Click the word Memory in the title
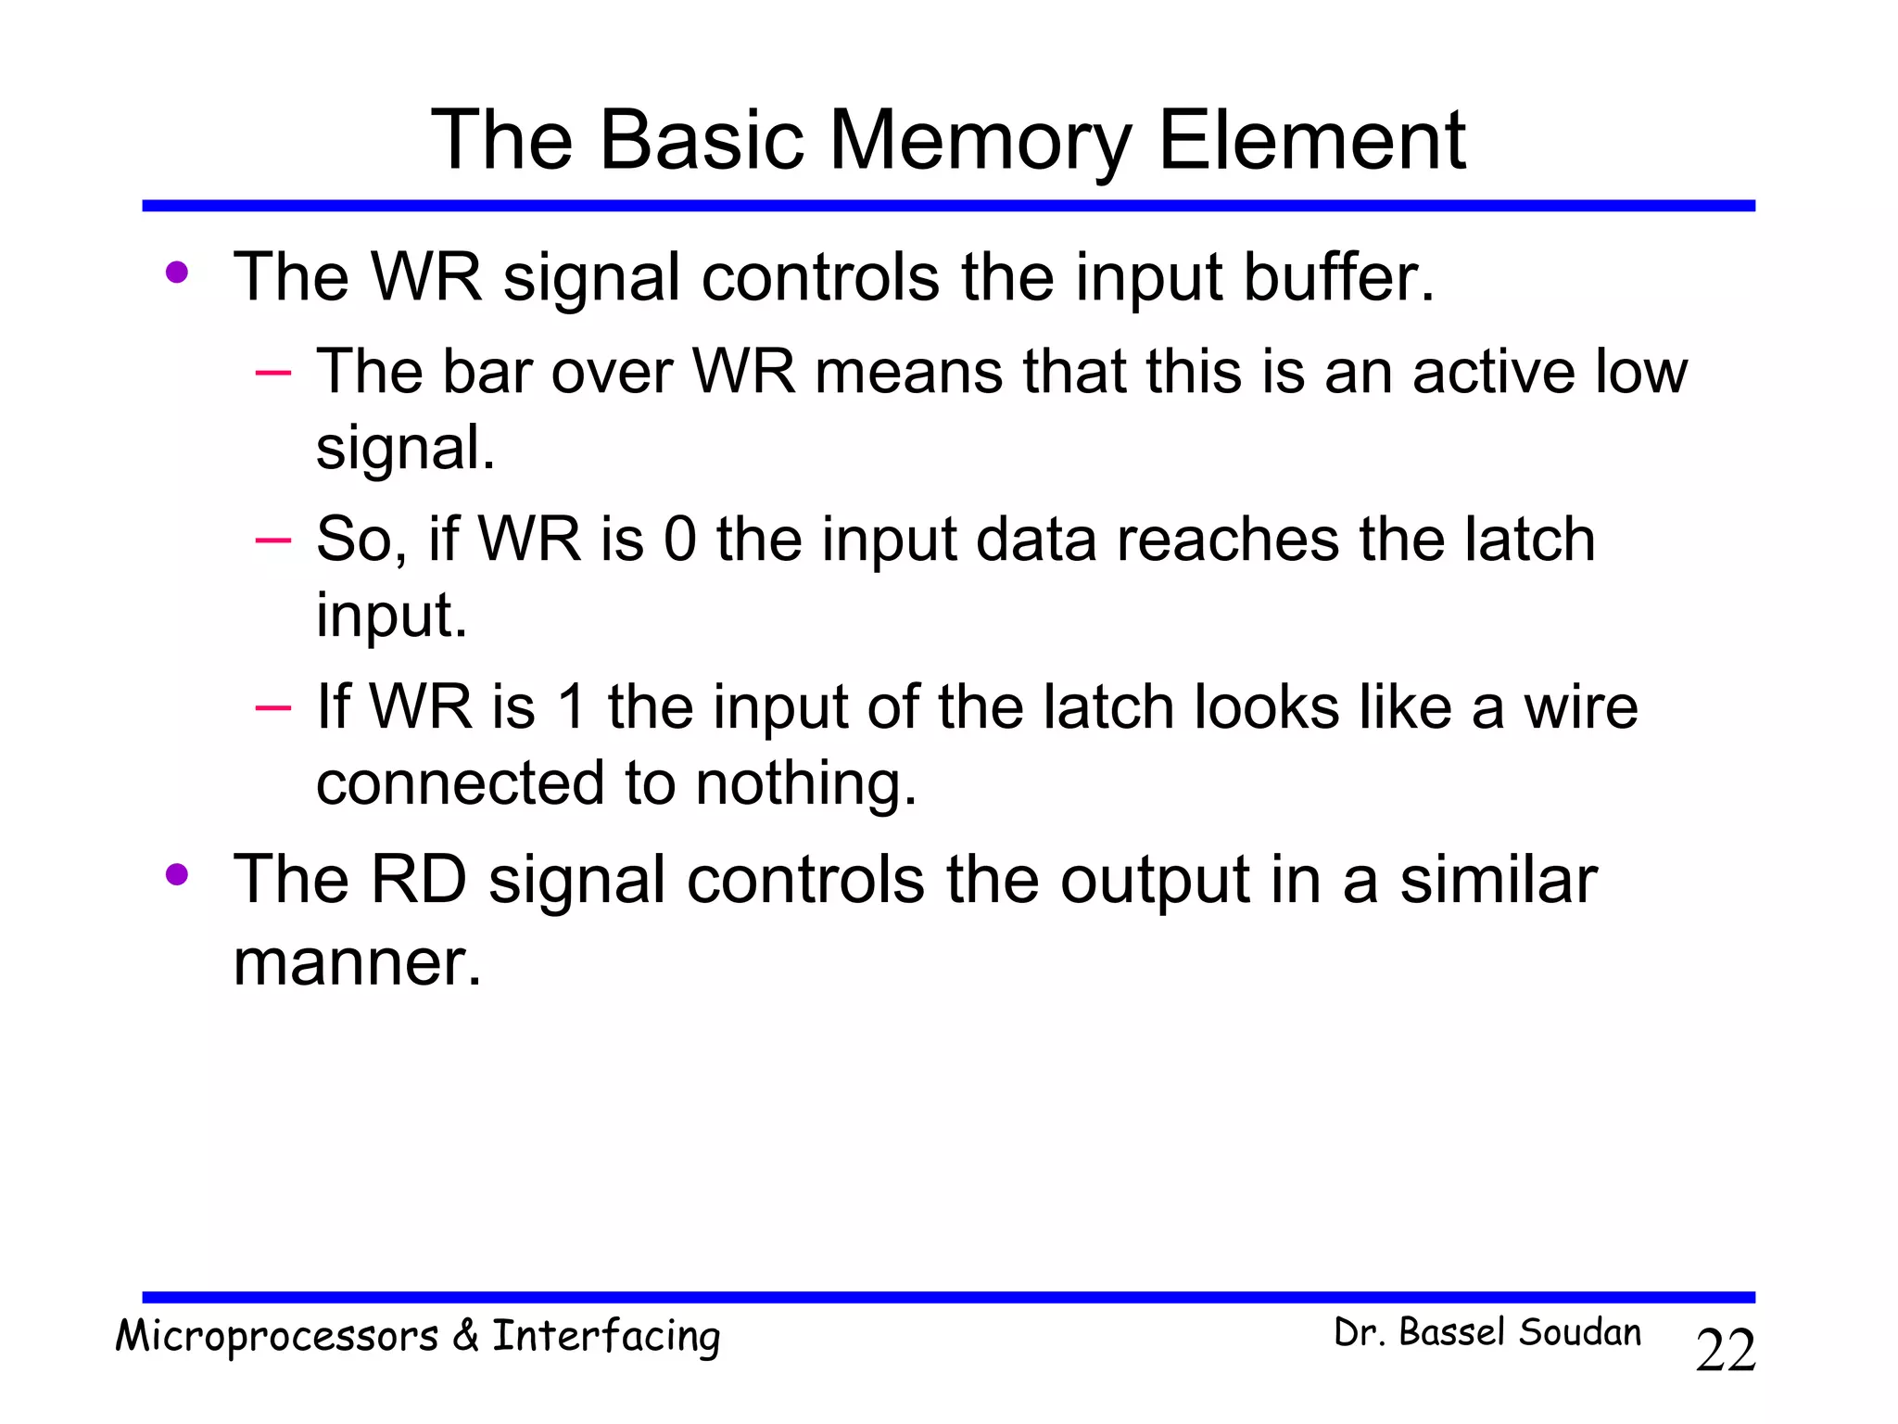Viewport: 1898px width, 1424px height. click(980, 141)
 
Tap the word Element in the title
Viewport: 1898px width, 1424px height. click(1311, 141)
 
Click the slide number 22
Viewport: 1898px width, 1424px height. click(1725, 1351)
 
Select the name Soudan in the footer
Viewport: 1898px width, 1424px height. click(1579, 1332)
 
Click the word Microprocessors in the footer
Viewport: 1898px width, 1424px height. click(276, 1337)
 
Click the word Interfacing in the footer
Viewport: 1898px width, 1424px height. click(606, 1337)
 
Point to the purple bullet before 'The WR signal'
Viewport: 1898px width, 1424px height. click(176, 273)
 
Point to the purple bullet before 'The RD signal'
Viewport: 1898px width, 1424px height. click(176, 875)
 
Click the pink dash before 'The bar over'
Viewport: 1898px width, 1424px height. click(273, 373)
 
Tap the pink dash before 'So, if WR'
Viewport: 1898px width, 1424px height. click(273, 540)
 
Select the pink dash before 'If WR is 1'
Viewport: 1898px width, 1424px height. click(273, 708)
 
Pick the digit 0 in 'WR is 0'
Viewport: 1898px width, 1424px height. click(679, 540)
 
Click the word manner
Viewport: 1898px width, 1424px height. click(357, 963)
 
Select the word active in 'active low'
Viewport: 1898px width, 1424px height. click(1493, 372)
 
